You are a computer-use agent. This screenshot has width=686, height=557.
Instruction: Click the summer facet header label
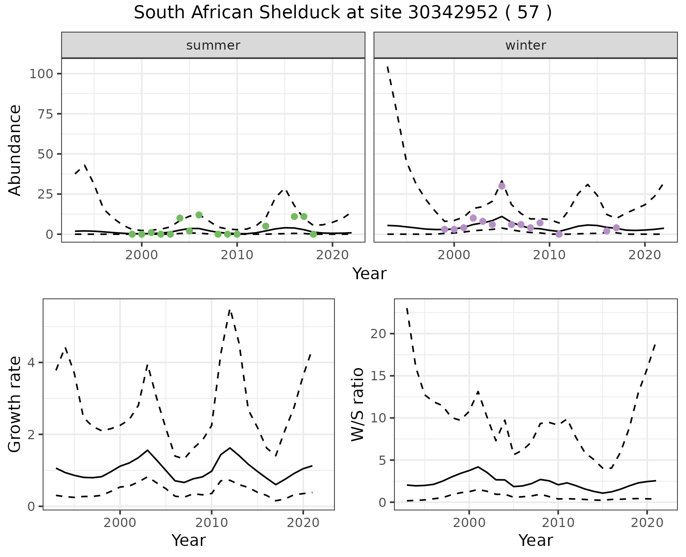point(213,45)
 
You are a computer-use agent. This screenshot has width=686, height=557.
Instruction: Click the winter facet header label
point(526,45)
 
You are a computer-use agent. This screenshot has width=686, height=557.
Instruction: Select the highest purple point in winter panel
point(502,186)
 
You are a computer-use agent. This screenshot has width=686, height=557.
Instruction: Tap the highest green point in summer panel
point(199,215)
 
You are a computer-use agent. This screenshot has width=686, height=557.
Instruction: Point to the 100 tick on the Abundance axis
point(41,74)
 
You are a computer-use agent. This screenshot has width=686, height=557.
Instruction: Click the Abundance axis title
point(15,150)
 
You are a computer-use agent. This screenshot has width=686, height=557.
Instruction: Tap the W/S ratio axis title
point(358,405)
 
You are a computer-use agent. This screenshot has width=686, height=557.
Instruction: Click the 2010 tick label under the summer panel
point(237,255)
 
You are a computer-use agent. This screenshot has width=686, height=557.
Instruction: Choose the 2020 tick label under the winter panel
point(645,255)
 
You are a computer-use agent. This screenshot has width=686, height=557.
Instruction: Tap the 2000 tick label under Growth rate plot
point(120,523)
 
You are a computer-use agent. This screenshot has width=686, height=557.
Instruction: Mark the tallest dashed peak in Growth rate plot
point(230,310)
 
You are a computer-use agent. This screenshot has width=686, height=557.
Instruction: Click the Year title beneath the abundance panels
point(369,274)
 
